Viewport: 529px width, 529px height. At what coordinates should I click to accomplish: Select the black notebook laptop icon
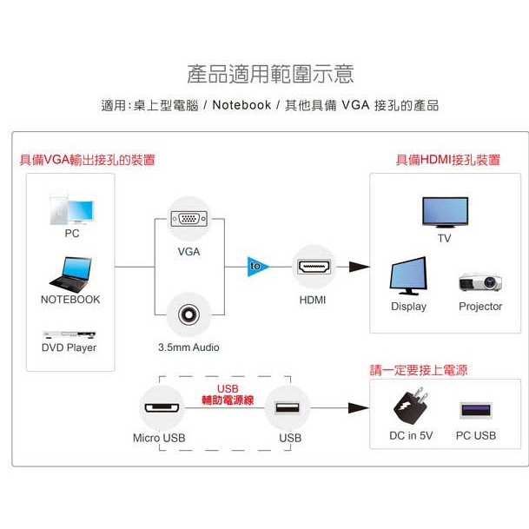pyautogui.click(x=70, y=274)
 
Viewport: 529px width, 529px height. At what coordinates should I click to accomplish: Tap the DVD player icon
pyautogui.click(x=69, y=334)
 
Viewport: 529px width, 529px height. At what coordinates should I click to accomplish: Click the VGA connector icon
pyautogui.click(x=188, y=222)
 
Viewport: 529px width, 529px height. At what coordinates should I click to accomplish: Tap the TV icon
pyautogui.click(x=444, y=212)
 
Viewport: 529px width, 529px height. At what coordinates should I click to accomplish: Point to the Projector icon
pyautogui.click(x=480, y=282)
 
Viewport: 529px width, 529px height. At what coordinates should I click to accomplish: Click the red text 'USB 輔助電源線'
pyautogui.click(x=227, y=394)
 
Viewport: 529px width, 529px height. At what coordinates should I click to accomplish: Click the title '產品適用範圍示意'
pyautogui.click(x=270, y=73)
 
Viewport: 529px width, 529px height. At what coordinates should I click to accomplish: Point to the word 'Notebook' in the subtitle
pyautogui.click(x=241, y=106)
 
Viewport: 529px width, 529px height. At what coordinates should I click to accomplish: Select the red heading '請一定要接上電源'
pyautogui.click(x=419, y=370)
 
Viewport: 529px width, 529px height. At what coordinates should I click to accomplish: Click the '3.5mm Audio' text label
pyautogui.click(x=188, y=347)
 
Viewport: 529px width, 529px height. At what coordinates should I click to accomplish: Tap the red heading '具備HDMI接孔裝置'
pyautogui.click(x=448, y=160)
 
